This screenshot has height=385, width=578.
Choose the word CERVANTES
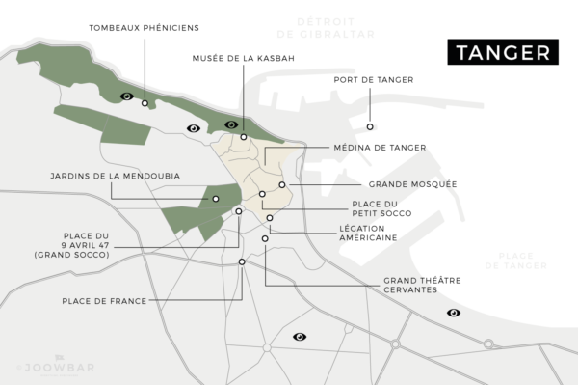404,289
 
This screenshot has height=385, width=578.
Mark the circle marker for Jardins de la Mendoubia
216,199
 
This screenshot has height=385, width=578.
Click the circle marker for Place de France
242,261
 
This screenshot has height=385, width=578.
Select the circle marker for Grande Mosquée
282,184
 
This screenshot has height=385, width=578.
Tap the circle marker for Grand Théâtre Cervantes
265,238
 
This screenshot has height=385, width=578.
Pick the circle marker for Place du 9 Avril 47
239,211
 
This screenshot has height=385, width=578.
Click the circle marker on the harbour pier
370,126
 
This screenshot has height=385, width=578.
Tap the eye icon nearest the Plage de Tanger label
453,313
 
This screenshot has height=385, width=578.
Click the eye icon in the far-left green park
126,96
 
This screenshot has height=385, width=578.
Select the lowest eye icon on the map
300,337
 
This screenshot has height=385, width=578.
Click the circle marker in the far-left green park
145,103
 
